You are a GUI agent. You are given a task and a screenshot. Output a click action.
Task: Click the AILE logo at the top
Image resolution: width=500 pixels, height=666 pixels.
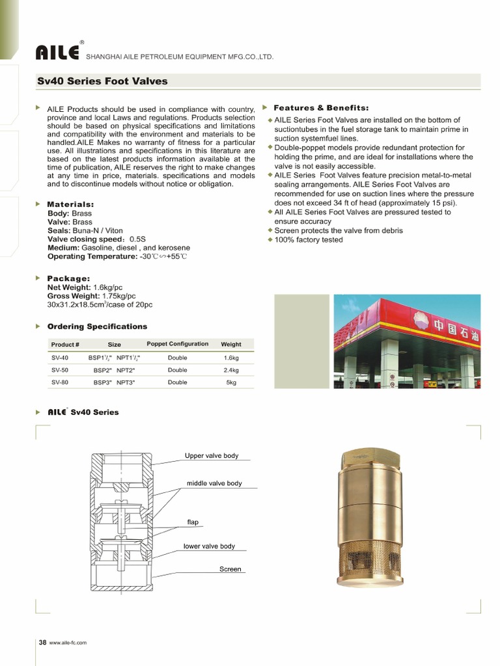click(x=58, y=52)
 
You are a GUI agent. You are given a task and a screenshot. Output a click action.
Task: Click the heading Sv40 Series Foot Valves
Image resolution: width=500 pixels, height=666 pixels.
click(x=102, y=81)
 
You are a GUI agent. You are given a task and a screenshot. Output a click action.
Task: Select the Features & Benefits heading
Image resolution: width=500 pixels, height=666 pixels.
click(x=321, y=107)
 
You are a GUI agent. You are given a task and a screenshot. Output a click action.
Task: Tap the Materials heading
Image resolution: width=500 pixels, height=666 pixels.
click(x=71, y=204)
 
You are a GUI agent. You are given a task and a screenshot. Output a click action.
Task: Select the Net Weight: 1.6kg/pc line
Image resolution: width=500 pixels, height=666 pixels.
click(x=85, y=287)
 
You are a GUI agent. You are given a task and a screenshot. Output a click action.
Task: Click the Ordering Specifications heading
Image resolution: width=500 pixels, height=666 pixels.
click(x=97, y=326)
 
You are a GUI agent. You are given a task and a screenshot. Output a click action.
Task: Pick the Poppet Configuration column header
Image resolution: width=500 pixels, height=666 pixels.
click(x=178, y=344)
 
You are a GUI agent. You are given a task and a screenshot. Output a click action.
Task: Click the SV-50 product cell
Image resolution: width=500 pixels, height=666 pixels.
click(x=60, y=370)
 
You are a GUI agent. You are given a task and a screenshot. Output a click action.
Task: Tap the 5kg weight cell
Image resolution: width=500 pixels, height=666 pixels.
click(x=231, y=382)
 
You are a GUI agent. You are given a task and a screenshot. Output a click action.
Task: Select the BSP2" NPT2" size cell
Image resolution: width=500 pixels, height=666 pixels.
click(x=114, y=370)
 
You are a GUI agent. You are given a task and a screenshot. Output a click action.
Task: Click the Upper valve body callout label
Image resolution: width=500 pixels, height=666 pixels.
click(x=212, y=456)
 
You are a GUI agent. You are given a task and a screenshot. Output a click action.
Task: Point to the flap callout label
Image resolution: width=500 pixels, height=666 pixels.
click(x=193, y=522)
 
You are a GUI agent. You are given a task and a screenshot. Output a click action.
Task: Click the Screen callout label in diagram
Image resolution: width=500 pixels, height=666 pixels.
click(x=230, y=569)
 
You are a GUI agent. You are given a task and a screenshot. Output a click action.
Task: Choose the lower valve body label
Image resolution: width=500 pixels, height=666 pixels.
click(x=209, y=546)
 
